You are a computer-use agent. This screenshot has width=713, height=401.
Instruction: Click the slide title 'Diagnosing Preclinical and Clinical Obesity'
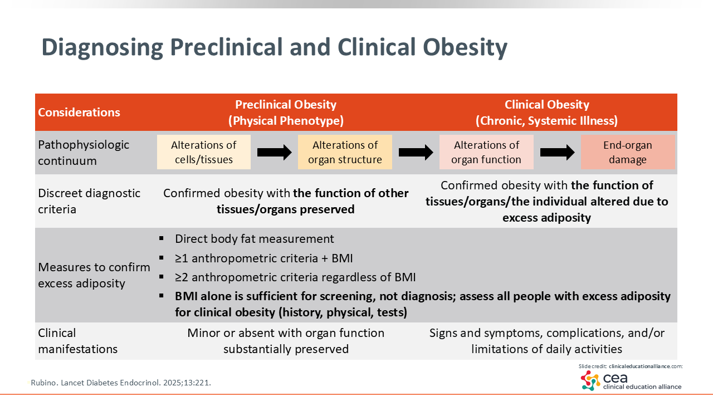click(x=274, y=47)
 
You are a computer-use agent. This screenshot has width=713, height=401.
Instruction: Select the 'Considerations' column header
click(x=79, y=112)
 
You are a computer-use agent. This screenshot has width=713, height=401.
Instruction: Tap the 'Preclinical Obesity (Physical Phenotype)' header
click(x=286, y=113)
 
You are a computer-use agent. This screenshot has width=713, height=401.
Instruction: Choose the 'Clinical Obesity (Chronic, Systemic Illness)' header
click(x=546, y=113)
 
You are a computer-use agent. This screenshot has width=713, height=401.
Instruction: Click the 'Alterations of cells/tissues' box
click(x=203, y=152)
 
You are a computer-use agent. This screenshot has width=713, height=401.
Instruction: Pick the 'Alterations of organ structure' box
click(x=345, y=152)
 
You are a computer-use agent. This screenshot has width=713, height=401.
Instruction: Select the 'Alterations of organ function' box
click(x=486, y=152)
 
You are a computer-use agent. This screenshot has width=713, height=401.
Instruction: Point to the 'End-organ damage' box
click(x=628, y=152)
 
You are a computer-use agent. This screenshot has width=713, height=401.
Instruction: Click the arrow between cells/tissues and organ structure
click(x=274, y=152)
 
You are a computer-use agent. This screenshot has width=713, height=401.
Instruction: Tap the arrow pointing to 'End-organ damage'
click(x=557, y=152)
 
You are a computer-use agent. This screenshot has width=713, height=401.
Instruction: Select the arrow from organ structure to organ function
click(x=416, y=152)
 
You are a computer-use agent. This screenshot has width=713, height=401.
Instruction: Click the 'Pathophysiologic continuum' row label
click(x=84, y=153)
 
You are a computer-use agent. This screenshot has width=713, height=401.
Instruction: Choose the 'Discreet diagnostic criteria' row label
click(x=89, y=201)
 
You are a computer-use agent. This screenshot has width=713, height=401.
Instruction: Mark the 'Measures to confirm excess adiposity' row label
click(x=94, y=275)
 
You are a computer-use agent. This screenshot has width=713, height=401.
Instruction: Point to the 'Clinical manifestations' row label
click(x=77, y=341)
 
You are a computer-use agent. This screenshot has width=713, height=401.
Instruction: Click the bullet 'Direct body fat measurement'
click(x=254, y=239)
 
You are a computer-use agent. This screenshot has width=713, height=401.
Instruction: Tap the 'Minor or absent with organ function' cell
click(x=286, y=341)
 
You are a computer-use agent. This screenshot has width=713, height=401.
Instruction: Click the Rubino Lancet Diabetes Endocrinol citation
click(x=120, y=383)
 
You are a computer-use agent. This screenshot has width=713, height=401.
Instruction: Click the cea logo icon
click(x=590, y=380)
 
